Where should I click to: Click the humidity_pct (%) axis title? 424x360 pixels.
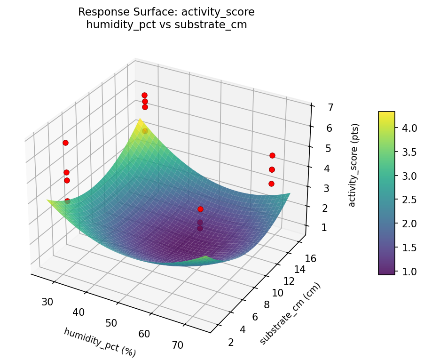pyautogui.click(x=99, y=342)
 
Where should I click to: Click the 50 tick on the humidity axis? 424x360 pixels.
pyautogui.click(x=111, y=323)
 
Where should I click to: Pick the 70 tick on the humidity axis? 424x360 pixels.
pyautogui.click(x=177, y=345)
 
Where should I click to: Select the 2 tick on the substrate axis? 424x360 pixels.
pyautogui.click(x=230, y=342)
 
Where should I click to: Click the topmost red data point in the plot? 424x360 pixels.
pyautogui.click(x=144, y=96)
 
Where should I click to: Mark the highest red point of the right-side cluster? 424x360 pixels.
pyautogui.click(x=272, y=155)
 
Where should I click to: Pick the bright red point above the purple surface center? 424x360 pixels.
pyautogui.click(x=200, y=209)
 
